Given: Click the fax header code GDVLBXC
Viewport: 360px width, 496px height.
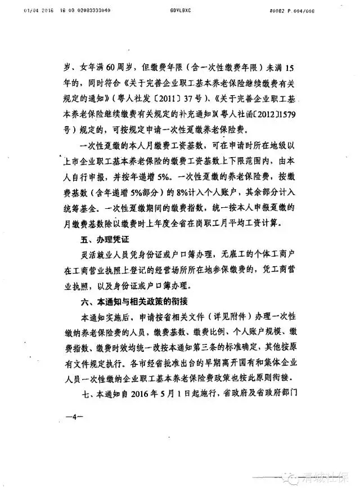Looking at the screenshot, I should pos(177,10).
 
